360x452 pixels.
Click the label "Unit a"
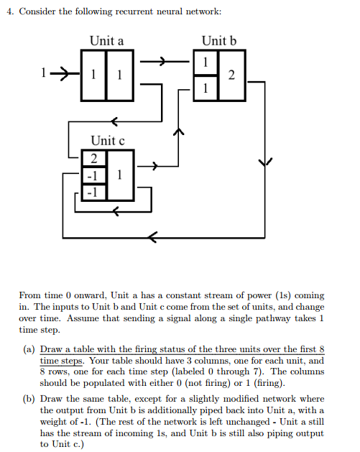point(106,41)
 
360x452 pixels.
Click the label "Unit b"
point(218,41)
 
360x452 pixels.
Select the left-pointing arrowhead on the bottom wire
point(153,236)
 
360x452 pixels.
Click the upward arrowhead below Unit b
point(179,132)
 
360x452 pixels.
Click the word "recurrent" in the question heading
point(139,13)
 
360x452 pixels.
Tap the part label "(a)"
point(28,348)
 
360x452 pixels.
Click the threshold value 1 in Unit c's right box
point(119,174)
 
